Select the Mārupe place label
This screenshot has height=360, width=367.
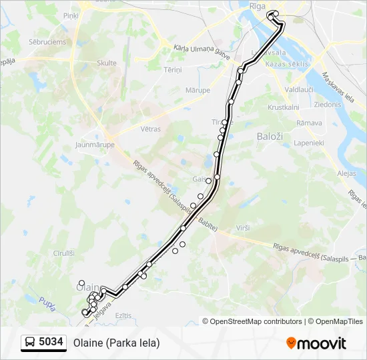tap(198, 90)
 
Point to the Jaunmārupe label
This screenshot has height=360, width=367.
tap(95, 144)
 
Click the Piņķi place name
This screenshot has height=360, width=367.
tap(70, 15)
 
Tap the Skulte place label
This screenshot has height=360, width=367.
tap(106, 63)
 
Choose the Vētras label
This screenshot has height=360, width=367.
tap(150, 129)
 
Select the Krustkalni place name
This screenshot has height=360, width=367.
tap(283, 107)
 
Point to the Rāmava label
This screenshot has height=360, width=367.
tap(309, 123)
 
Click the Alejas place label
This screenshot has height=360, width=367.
tap(347, 173)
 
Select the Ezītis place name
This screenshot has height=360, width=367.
tap(123, 315)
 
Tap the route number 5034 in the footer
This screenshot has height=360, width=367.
tap(51, 342)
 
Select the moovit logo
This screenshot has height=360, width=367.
tap(316, 343)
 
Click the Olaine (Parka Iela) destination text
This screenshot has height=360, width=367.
tap(117, 343)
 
